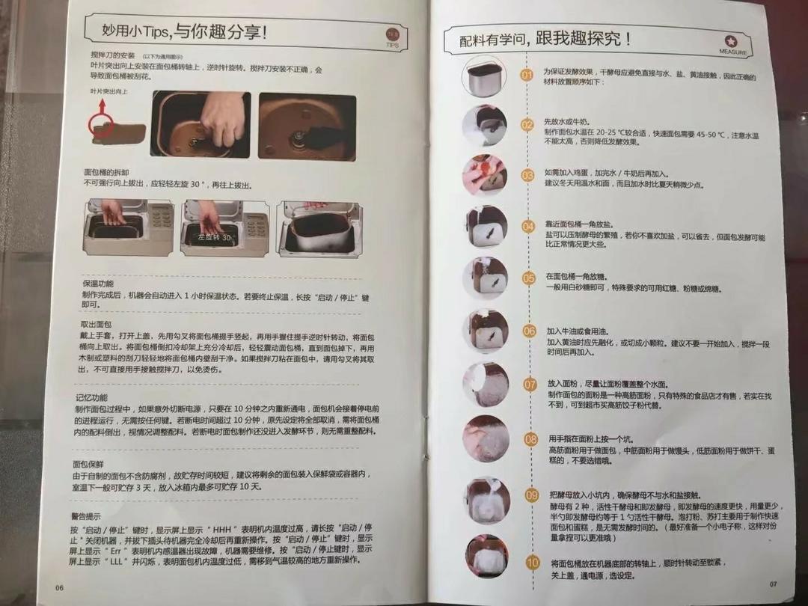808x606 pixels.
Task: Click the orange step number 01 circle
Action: point(527,75)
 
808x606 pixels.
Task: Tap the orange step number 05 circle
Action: point(529,278)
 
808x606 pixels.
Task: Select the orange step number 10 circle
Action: point(532,563)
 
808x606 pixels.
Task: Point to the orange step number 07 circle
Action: point(530,385)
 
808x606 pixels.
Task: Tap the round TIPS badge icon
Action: point(392,37)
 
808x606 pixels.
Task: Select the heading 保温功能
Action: point(98,284)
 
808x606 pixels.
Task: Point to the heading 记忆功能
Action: point(91,397)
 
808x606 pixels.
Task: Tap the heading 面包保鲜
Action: point(88,464)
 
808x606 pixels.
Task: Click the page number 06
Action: point(60,587)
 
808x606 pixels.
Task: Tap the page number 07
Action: point(774,584)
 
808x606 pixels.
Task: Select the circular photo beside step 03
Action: point(485,175)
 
